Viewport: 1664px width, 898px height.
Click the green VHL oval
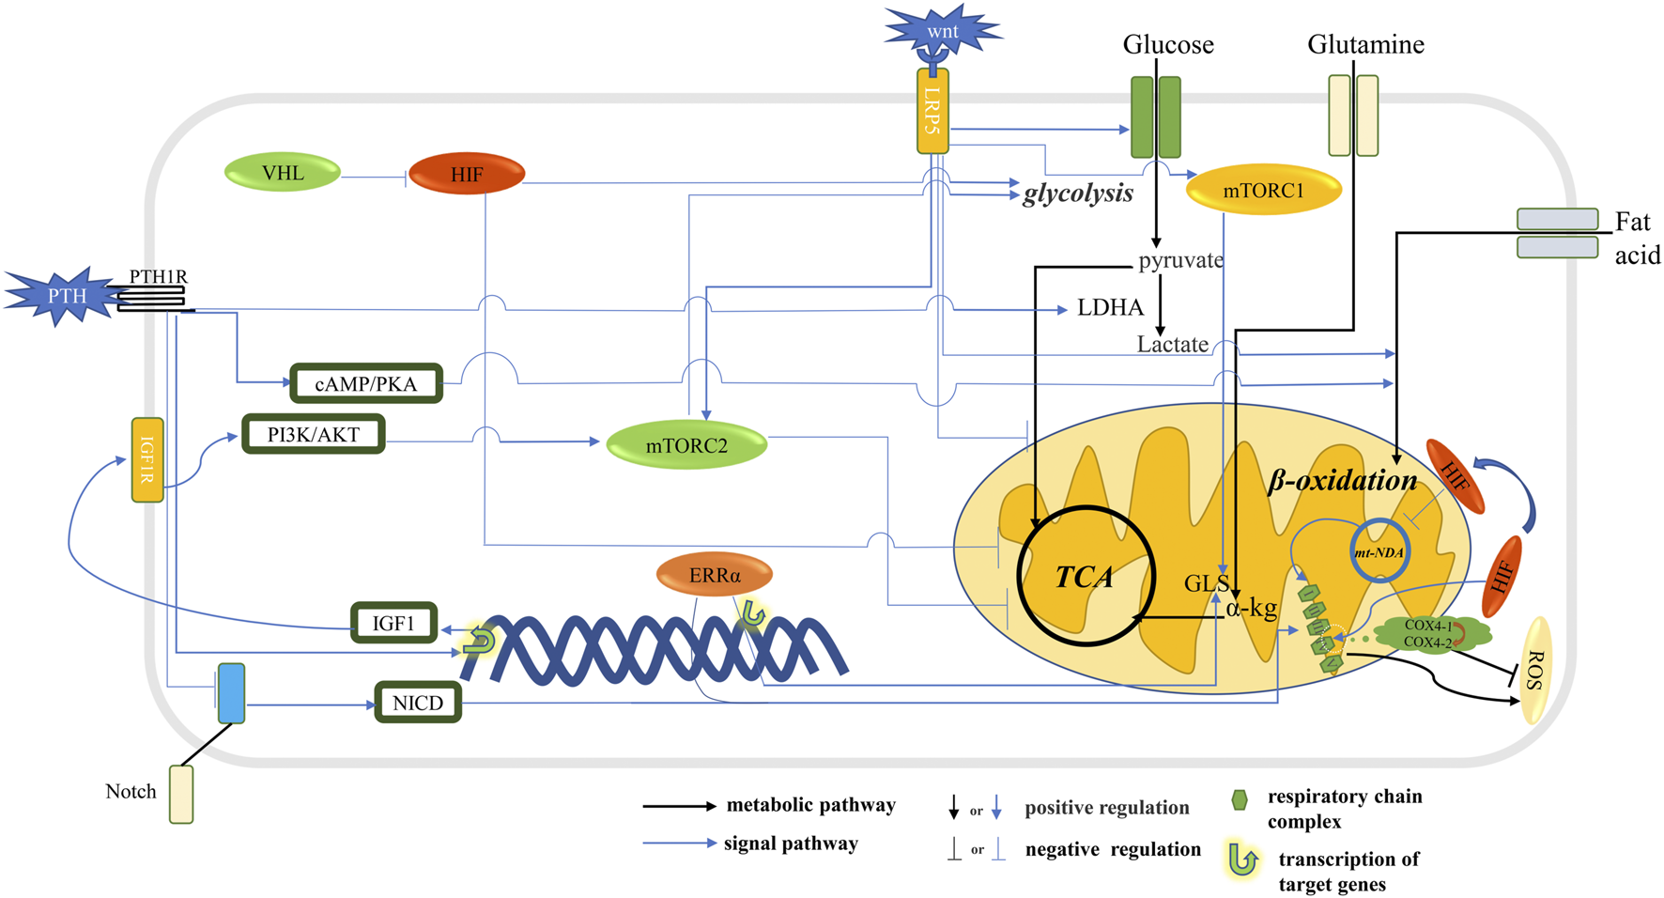pos(283,173)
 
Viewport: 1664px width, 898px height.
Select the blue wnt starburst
pos(942,32)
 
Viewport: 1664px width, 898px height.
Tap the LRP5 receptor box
pos(932,111)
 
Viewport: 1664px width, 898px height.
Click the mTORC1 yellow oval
pos(1263,191)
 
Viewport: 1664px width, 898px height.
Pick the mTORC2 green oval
pos(686,445)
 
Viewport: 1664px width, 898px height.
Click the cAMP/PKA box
pos(365,383)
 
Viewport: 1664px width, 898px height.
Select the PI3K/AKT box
pos(313,434)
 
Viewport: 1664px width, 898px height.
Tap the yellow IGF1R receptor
pos(147,459)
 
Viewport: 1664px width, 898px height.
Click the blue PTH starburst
pos(64,296)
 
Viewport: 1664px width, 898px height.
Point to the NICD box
pos(418,703)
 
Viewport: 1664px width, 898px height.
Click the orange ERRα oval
pos(715,575)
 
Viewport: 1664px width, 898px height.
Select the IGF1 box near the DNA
pos(393,623)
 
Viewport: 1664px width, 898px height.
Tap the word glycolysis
pos(1077,194)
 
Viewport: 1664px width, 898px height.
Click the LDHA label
pos(1110,308)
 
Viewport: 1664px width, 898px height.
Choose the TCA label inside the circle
pos(1085,577)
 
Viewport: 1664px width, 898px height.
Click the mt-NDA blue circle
pos(1379,551)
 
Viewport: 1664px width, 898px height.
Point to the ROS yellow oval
pos(1535,670)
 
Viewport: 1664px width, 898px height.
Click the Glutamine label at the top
pos(1365,44)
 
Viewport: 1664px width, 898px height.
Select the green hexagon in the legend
pos(1240,799)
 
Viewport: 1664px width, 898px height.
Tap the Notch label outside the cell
pos(131,791)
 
